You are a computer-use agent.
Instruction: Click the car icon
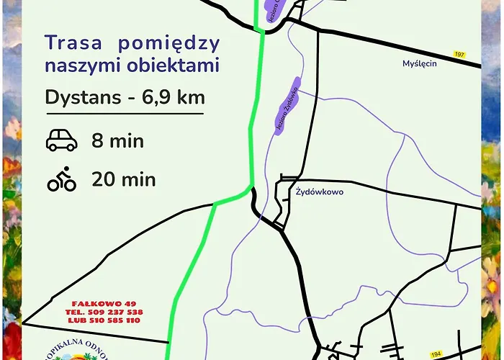click(x=62, y=140)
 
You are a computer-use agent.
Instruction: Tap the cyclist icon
click(x=62, y=179)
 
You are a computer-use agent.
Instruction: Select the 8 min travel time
click(x=117, y=140)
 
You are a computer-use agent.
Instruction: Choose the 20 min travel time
click(x=123, y=179)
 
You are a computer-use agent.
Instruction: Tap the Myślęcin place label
click(x=420, y=63)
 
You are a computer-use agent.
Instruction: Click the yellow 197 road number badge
click(x=459, y=55)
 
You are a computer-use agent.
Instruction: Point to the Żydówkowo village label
click(x=320, y=192)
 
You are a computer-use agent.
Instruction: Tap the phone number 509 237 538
click(x=114, y=312)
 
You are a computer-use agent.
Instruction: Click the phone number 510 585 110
click(x=114, y=320)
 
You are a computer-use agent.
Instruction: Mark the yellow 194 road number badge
click(x=436, y=355)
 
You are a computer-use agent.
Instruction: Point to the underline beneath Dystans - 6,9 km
click(x=124, y=113)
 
